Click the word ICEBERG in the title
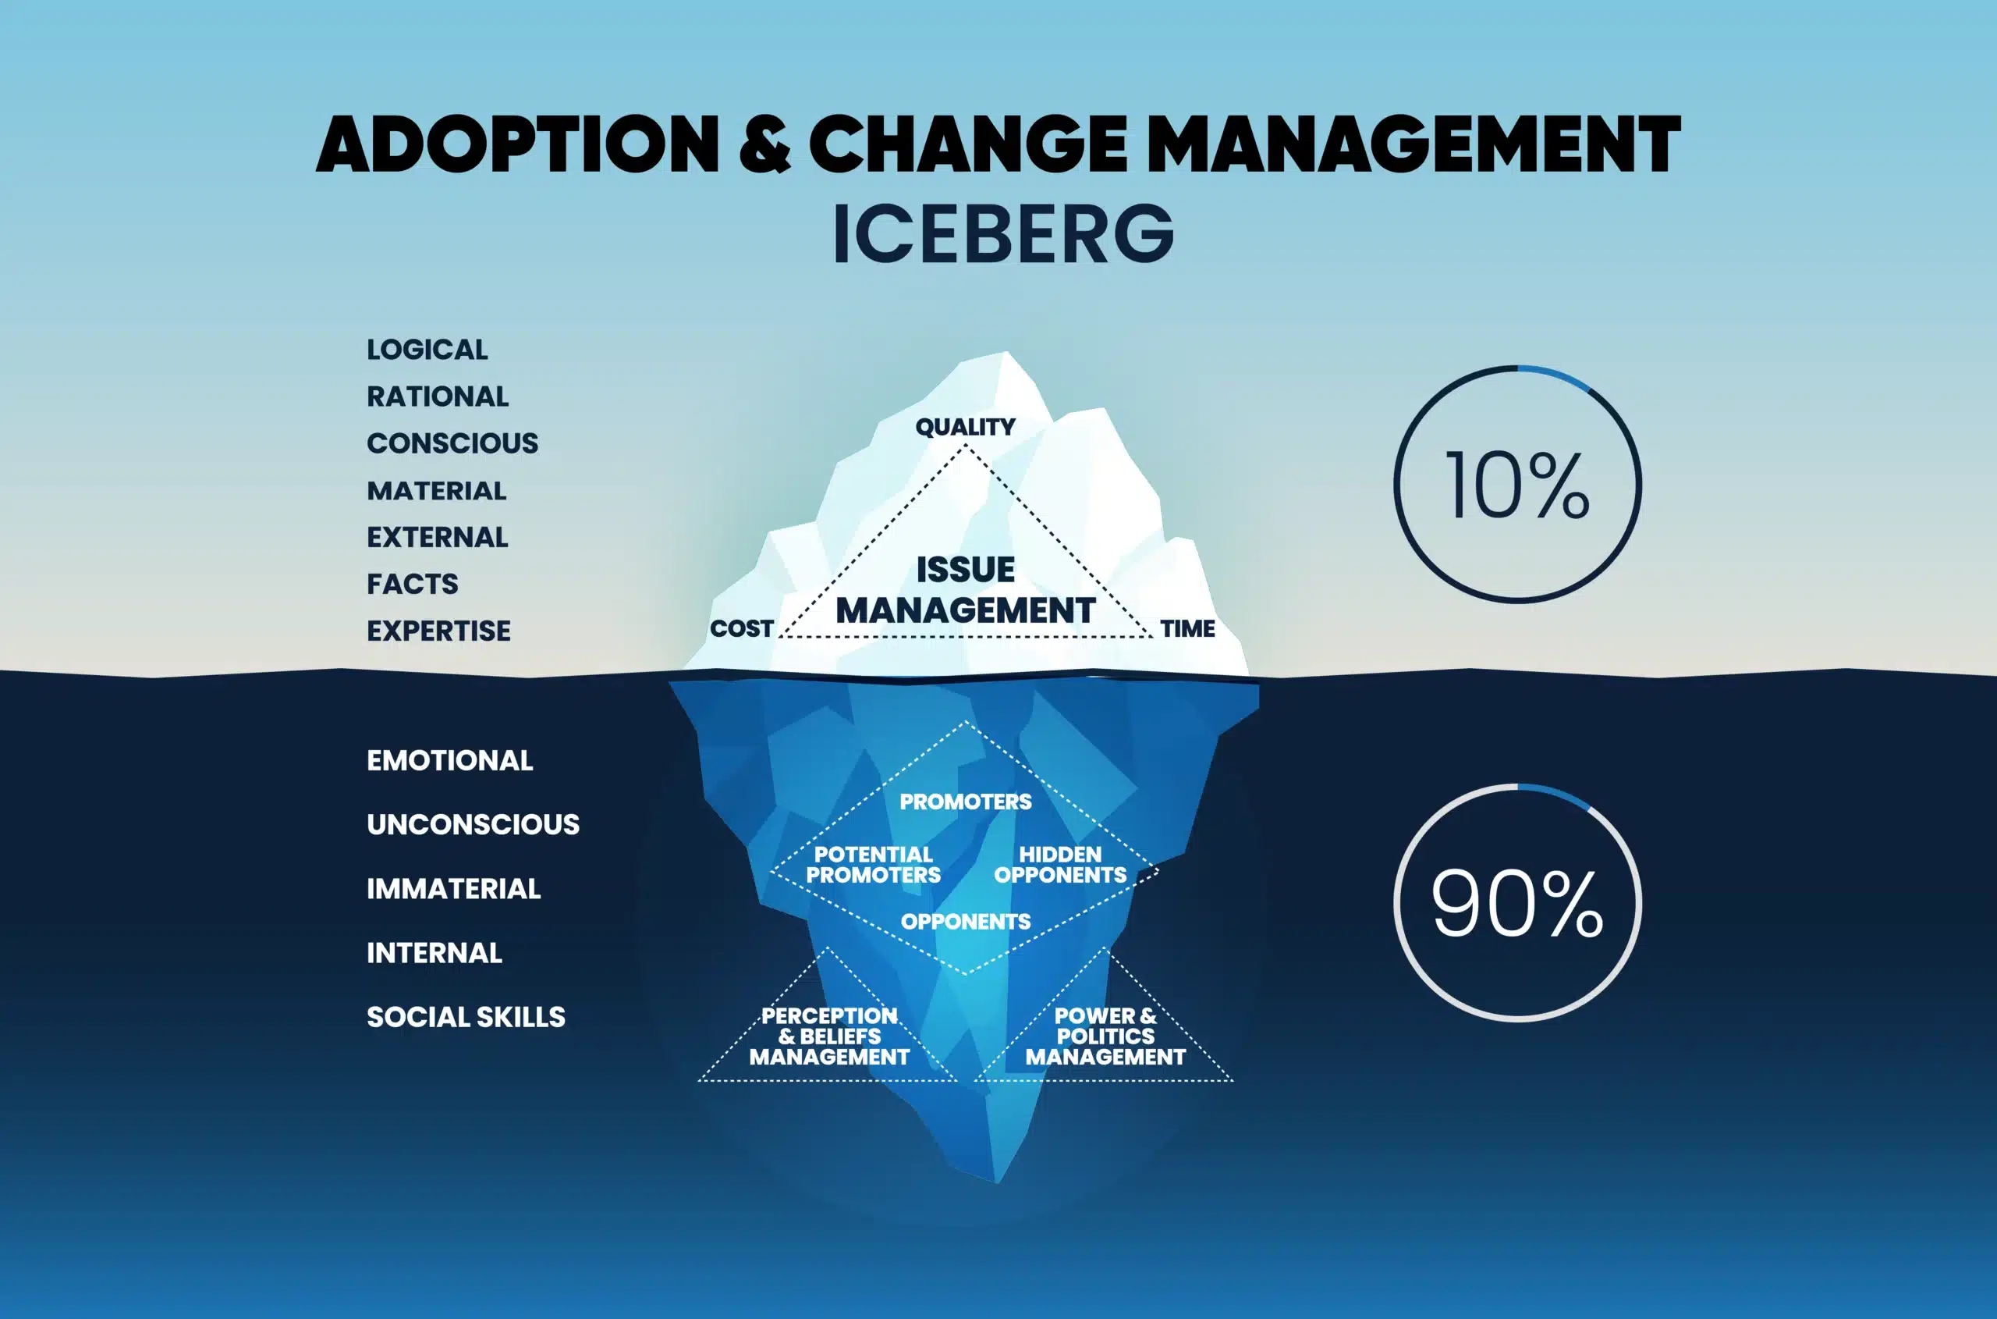pyautogui.click(x=1002, y=233)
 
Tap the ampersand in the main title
pyautogui.click(x=764, y=144)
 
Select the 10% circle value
pyautogui.click(x=1517, y=485)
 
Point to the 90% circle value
pyautogui.click(x=1517, y=904)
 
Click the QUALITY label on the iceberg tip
pyautogui.click(x=965, y=428)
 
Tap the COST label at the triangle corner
pyautogui.click(x=741, y=628)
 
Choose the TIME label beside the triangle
pyautogui.click(x=1187, y=628)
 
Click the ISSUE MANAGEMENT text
pyautogui.click(x=965, y=590)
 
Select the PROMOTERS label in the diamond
pyautogui.click(x=965, y=802)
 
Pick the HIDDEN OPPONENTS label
pyautogui.click(x=1059, y=865)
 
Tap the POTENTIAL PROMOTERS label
pyautogui.click(x=873, y=865)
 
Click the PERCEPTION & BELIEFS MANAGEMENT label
pyautogui.click(x=829, y=1036)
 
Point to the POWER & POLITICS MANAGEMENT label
pyautogui.click(x=1105, y=1036)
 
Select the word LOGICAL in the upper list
pyautogui.click(x=427, y=350)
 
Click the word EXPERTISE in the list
pyautogui.click(x=438, y=631)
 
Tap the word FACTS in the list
pyautogui.click(x=412, y=584)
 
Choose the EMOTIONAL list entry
pyautogui.click(x=450, y=760)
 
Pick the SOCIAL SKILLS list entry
pyautogui.click(x=466, y=1017)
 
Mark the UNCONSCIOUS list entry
pyautogui.click(x=473, y=824)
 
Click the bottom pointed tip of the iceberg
pyautogui.click(x=997, y=1179)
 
